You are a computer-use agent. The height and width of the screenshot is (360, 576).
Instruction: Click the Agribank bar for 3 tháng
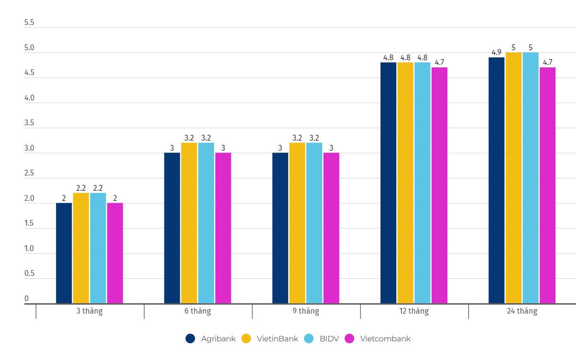coord(64,253)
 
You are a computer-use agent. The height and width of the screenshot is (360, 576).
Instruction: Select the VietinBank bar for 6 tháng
coord(189,223)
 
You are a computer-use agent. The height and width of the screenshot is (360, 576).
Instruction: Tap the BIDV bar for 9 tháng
coord(314,223)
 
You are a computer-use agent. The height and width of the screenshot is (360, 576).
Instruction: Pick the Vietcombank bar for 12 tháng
coord(439,185)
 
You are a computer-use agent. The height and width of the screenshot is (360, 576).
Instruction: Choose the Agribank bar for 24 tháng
coord(496,180)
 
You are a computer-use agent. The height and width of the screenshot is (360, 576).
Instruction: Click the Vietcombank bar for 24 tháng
coord(547,185)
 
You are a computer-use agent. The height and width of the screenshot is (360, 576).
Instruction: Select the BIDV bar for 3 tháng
coord(98,248)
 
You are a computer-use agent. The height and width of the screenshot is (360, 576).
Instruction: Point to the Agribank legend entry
coord(211,338)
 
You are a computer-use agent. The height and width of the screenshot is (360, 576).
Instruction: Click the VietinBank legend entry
coord(270,338)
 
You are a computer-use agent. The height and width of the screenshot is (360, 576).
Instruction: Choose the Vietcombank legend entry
coord(378,338)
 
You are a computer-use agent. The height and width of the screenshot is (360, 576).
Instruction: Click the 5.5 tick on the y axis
coord(29,22)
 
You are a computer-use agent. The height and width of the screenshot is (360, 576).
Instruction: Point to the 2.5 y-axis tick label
coord(29,173)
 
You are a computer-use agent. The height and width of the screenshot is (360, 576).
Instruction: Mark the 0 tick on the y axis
coord(27,299)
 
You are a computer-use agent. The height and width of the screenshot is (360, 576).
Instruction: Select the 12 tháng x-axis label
coord(414,311)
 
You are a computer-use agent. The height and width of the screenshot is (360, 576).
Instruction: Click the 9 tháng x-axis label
coord(306,311)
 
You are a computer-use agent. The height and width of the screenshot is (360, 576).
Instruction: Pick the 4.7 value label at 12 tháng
coord(439,62)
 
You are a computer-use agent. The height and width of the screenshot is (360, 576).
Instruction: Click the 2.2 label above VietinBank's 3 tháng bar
coord(81,188)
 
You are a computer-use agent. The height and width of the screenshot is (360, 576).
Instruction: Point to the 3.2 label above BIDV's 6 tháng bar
coord(206,138)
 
